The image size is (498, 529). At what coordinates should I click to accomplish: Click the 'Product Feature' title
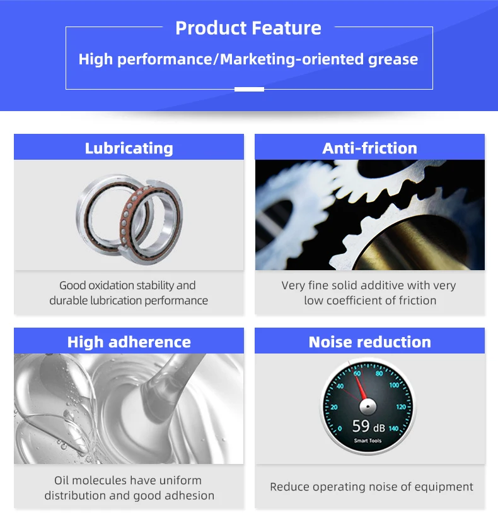pos(248,28)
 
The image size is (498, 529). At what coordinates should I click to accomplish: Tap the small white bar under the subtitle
pos(249,89)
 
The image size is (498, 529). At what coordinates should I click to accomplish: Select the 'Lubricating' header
pos(129,148)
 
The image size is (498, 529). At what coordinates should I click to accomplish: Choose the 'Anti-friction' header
pos(369,148)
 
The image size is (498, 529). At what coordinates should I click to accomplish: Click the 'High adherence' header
pos(129,342)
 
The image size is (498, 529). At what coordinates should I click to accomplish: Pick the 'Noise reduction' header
pos(369,342)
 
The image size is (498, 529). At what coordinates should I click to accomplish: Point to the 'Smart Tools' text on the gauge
pos(368,441)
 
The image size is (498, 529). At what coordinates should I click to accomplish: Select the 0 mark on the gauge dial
pos(339,429)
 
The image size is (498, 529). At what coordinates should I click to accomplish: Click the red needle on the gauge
pos(361,388)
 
